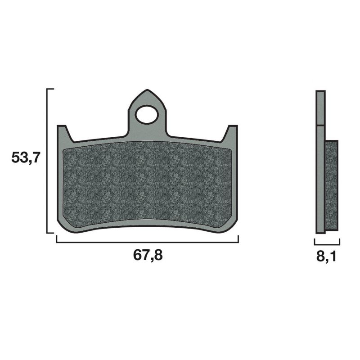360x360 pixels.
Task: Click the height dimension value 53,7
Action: pyautogui.click(x=26, y=158)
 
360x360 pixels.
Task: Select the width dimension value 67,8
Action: pyautogui.click(x=147, y=255)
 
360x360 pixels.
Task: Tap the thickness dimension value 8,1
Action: pyautogui.click(x=327, y=256)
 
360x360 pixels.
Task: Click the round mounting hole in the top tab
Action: pyautogui.click(x=147, y=114)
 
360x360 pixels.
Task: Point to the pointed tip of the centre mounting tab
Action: pyautogui.click(x=147, y=90)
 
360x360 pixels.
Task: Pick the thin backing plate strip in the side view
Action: pyautogui.click(x=320, y=180)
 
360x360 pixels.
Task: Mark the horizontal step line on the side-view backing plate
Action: pyautogui.click(x=320, y=125)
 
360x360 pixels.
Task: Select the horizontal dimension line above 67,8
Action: pyautogui.click(x=147, y=242)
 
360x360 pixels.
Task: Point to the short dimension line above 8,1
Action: pyautogui.click(x=327, y=242)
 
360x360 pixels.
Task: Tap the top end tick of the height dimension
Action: pyautogui.click(x=50, y=89)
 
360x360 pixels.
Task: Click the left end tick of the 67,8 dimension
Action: pyautogui.click(x=56, y=239)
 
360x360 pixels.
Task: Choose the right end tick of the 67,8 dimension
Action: pyautogui.click(x=238, y=239)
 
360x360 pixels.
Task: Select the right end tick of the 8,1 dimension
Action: pyautogui.click(x=339, y=240)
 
